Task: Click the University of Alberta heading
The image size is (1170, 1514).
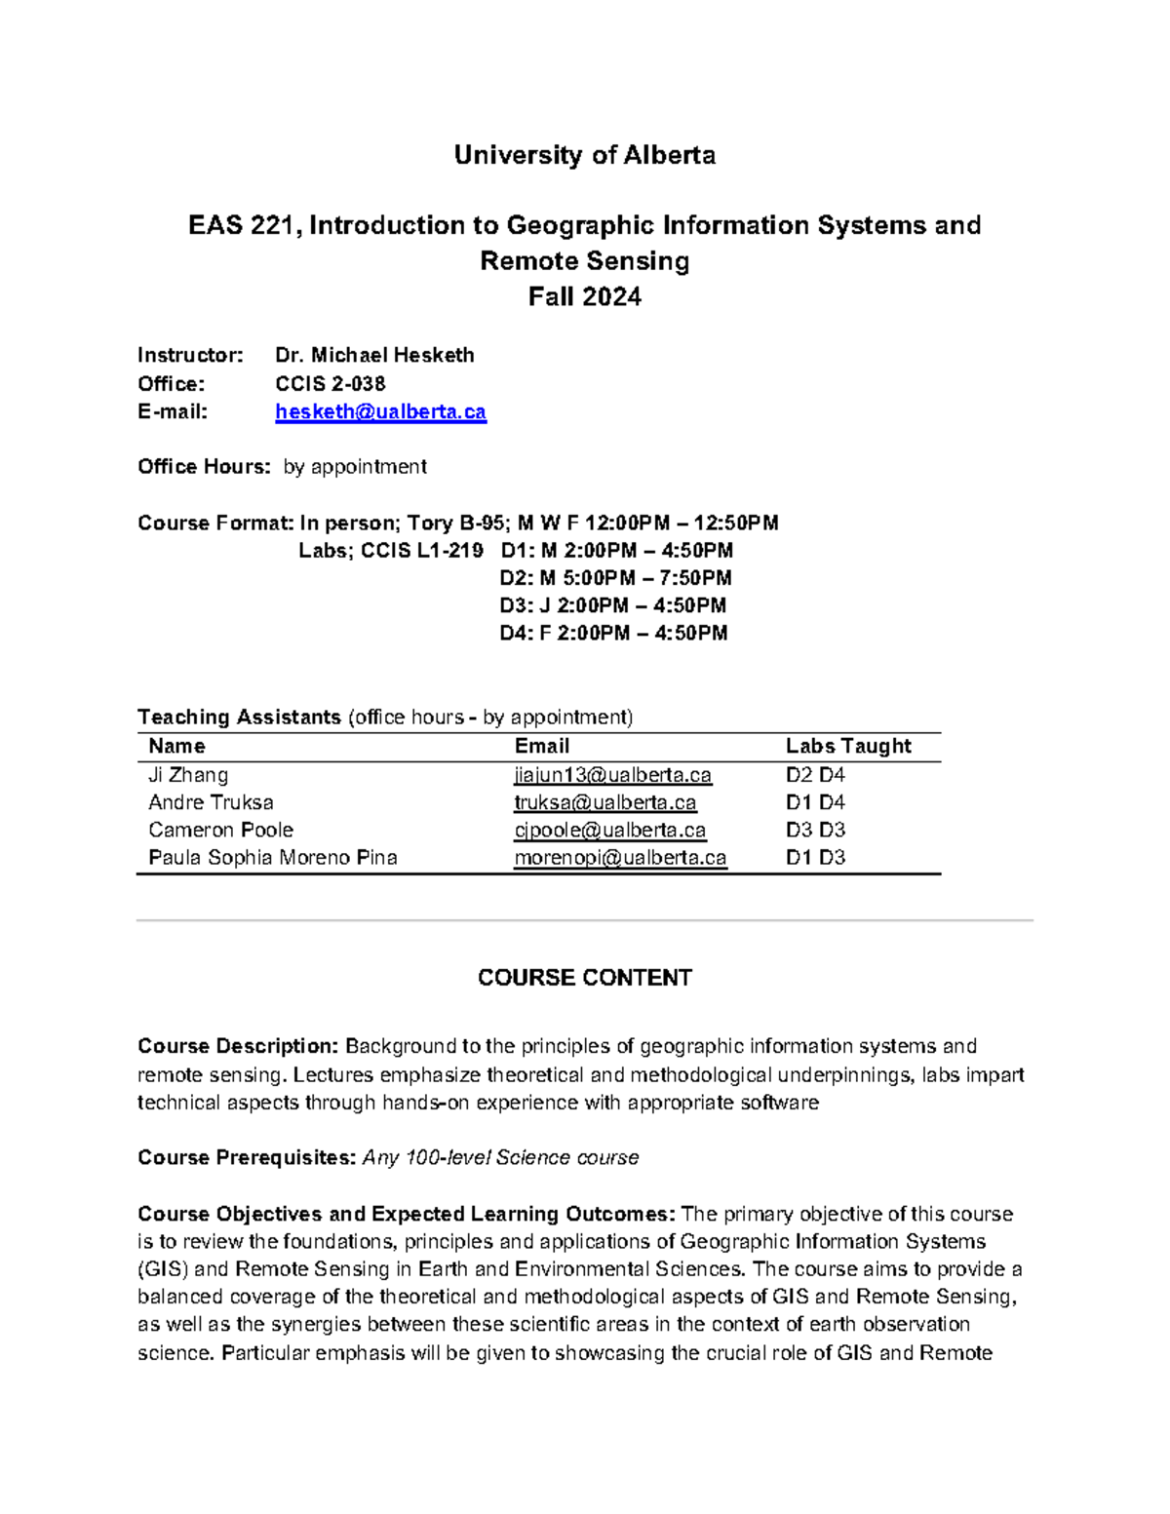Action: click(x=584, y=155)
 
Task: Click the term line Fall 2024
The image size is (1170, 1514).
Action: click(x=584, y=296)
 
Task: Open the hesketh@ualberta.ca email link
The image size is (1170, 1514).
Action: click(x=380, y=412)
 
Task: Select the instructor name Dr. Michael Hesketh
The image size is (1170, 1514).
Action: click(x=374, y=355)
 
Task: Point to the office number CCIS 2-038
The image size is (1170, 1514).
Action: click(x=330, y=383)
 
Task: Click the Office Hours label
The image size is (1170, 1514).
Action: click(x=204, y=467)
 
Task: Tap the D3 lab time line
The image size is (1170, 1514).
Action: click(x=612, y=605)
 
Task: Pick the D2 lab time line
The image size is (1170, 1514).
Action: click(x=615, y=578)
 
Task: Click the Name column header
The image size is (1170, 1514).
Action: click(x=176, y=747)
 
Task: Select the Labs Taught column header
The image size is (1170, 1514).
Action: click(x=848, y=747)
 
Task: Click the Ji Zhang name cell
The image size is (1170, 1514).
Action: click(x=188, y=775)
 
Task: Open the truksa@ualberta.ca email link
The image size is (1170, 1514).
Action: click(x=604, y=802)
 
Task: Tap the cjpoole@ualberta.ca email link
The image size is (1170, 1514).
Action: click(x=609, y=830)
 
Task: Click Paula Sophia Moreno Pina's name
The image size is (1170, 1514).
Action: click(x=272, y=857)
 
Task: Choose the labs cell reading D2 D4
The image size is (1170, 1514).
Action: click(x=815, y=775)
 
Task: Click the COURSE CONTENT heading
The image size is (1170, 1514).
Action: click(x=584, y=978)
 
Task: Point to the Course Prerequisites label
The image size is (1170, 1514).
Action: click(x=246, y=1157)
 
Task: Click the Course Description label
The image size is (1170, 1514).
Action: click(x=238, y=1046)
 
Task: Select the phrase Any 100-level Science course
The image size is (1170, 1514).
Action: click(x=500, y=1157)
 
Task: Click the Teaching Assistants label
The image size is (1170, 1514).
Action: click(x=239, y=718)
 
